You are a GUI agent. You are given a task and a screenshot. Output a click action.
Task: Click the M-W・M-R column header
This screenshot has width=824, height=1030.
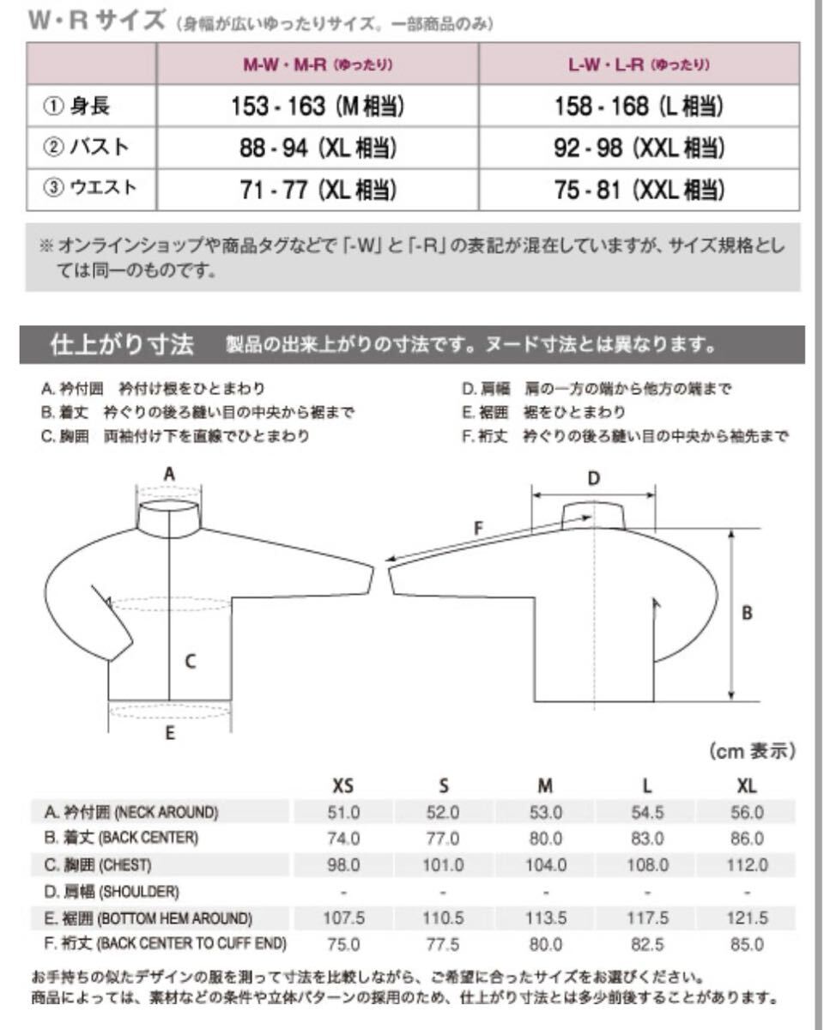point(317,64)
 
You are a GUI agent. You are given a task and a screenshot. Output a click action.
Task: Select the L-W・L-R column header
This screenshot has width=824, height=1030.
point(639,64)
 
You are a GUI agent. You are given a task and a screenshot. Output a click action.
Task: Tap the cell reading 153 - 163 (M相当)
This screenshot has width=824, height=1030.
point(317,106)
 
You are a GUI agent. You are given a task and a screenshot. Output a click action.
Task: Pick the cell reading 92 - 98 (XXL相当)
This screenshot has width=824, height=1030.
point(639,148)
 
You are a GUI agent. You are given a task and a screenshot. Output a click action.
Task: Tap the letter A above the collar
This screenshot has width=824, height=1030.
point(169,474)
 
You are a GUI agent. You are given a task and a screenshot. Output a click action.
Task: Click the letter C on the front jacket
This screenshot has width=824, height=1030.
point(191,661)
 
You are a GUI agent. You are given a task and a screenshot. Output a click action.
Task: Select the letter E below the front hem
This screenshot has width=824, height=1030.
point(169,733)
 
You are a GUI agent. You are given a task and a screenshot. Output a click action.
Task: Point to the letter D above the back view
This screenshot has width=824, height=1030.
point(593,478)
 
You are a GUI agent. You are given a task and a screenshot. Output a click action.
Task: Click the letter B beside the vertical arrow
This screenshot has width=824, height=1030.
point(747,614)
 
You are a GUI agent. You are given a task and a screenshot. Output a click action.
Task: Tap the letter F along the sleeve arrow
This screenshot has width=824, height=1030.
point(479,529)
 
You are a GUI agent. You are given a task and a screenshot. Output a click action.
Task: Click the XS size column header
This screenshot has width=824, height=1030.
point(343,785)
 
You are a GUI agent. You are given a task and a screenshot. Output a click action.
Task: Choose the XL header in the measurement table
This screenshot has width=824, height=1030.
point(746,785)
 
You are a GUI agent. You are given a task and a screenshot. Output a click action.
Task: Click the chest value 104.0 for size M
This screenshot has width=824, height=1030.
point(545,865)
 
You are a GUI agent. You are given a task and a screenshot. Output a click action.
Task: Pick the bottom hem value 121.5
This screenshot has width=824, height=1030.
point(746,918)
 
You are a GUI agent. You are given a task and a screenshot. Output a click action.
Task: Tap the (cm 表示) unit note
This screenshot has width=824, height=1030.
point(752,752)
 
